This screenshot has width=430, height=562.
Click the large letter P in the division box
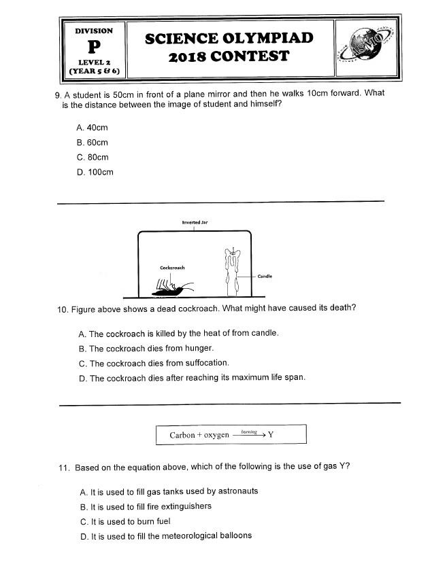(x=94, y=47)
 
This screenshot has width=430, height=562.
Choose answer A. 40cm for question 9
(x=93, y=128)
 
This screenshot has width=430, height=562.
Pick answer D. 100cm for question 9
(x=95, y=172)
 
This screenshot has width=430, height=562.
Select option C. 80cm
(x=93, y=157)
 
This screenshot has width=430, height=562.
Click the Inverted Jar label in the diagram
(x=195, y=222)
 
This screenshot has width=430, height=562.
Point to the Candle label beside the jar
(x=265, y=277)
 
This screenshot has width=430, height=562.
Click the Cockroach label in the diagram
(x=172, y=267)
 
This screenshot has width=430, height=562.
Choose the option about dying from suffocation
(x=154, y=363)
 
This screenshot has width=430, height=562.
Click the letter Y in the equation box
(x=271, y=435)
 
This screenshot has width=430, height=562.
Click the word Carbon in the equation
(x=182, y=435)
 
